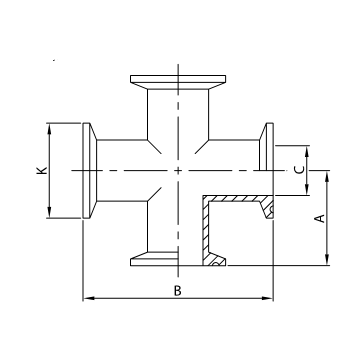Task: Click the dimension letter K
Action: point(41,171)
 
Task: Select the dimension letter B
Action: point(177,291)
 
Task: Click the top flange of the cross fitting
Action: point(177,80)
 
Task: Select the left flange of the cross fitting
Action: point(88,171)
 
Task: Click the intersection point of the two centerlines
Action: point(177,170)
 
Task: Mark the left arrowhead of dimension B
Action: point(87,298)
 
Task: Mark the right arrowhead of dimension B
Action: point(268,298)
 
